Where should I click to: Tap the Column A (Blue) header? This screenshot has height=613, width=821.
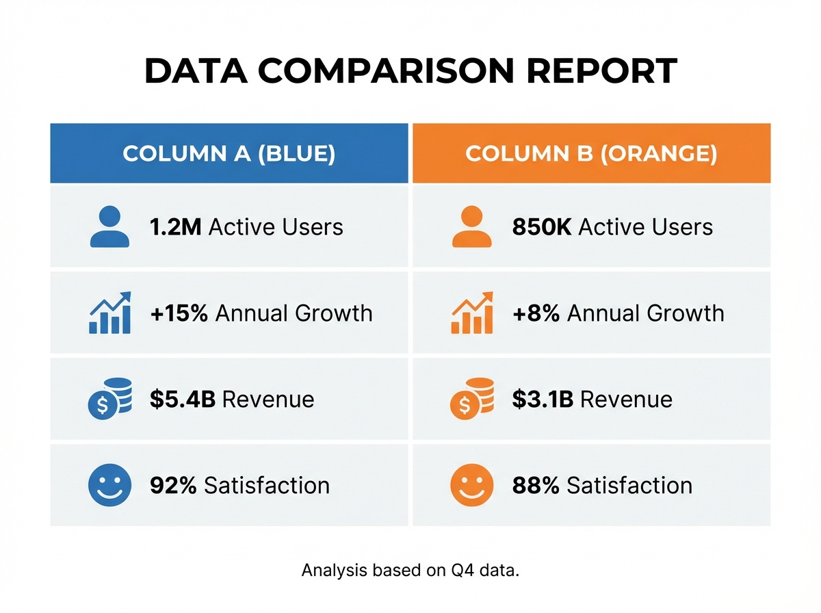[x=229, y=153]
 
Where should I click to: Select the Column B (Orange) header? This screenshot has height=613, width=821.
[x=591, y=153]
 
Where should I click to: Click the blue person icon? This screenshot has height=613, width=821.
[x=109, y=227]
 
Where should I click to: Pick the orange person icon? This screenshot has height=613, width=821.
[x=471, y=227]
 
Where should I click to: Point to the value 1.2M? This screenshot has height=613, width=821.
[x=175, y=227]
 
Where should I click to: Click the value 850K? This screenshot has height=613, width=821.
[x=542, y=227]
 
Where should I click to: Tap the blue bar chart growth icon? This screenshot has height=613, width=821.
[x=110, y=313]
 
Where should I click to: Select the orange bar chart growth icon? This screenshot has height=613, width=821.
[x=472, y=313]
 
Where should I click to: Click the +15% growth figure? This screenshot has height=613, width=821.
[x=179, y=313]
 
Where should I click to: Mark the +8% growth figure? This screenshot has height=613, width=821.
[x=536, y=313]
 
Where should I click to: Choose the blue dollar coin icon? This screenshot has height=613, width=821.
[x=109, y=399]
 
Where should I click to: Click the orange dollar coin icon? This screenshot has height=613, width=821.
[x=471, y=399]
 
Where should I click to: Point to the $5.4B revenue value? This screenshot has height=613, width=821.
[x=183, y=400]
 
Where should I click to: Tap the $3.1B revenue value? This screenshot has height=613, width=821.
[x=543, y=400]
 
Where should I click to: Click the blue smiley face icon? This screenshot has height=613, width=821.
[x=109, y=485]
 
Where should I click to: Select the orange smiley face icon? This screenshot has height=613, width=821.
[x=471, y=485]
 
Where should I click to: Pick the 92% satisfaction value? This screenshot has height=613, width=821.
[x=173, y=486]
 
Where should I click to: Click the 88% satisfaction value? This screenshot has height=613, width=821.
[x=536, y=486]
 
